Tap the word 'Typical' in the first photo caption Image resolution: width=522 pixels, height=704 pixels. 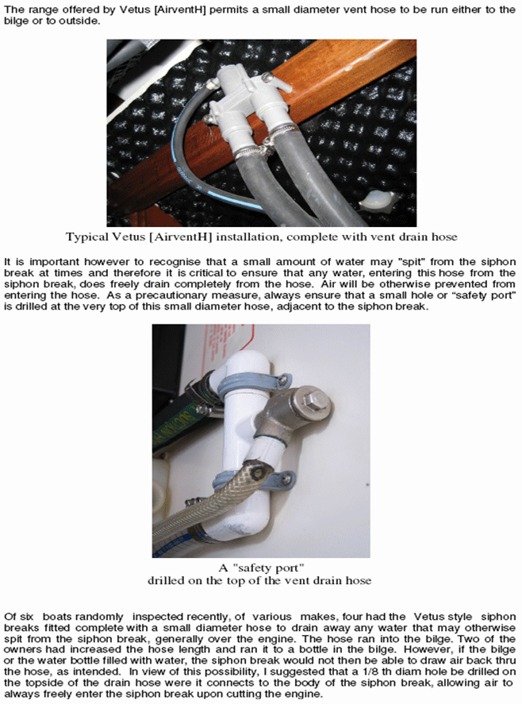pyautogui.click(x=83, y=237)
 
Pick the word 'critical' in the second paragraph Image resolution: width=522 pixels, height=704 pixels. pyautogui.click(x=205, y=273)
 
